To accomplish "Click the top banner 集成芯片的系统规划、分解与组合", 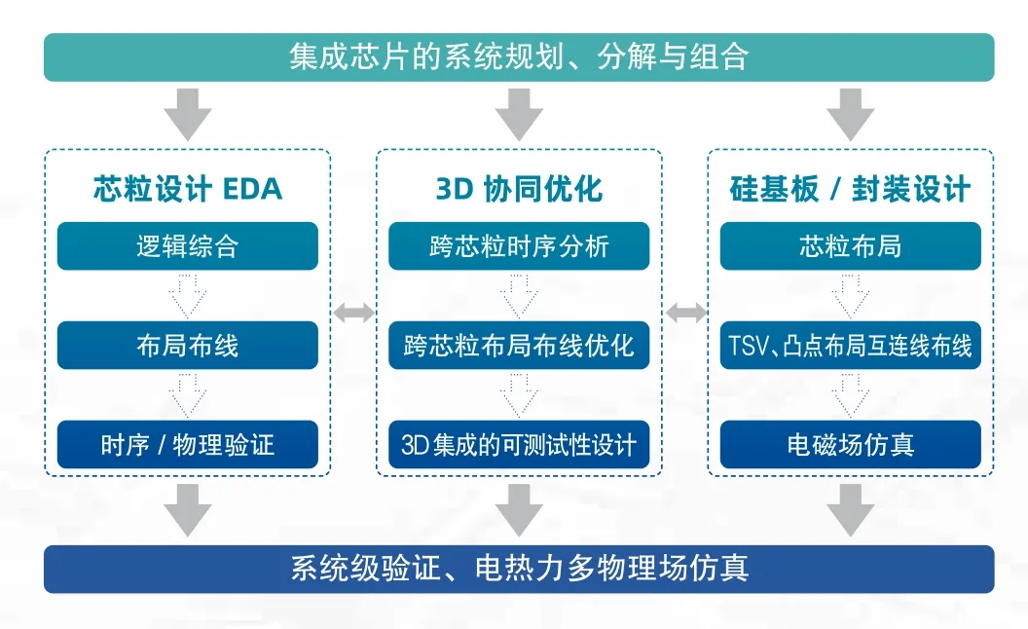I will tap(519, 57).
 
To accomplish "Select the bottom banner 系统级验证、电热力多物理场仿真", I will tap(519, 569).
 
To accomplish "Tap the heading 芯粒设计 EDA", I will tap(188, 189).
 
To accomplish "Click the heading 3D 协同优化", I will tap(519, 189).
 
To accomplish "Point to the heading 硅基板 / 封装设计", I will tap(850, 189).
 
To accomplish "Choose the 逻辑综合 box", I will tap(188, 246).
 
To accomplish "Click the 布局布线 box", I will tap(188, 346).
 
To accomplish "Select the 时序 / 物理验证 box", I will tap(188, 445).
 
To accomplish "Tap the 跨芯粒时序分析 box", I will tap(519, 246).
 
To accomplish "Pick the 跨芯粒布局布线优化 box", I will tap(519, 346).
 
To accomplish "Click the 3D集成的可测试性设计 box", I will tap(519, 445).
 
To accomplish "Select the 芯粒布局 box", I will tap(850, 246).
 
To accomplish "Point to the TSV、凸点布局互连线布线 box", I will tap(850, 346).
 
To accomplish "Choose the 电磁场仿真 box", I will tap(850, 445).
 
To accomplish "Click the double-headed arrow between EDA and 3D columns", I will tap(353, 313).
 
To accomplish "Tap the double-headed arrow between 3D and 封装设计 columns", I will tap(685, 313).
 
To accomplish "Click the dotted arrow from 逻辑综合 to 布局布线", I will tap(188, 295).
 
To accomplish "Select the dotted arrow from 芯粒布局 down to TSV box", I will tap(850, 295).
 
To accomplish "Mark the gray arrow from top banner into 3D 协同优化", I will tap(519, 113).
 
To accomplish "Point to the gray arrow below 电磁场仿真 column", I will tap(850, 509).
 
